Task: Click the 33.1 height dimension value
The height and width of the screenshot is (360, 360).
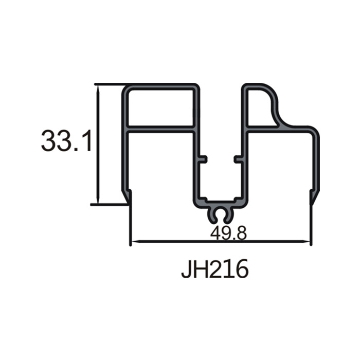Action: [66, 140]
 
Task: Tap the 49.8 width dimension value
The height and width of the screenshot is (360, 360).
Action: [228, 233]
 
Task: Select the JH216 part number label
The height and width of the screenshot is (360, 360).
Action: [215, 268]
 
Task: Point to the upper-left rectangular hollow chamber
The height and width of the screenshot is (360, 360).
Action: [160, 107]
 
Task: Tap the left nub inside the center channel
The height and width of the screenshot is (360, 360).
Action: [204, 159]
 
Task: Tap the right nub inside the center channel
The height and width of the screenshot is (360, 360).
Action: [238, 159]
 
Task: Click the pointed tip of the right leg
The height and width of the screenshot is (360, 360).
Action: [312, 204]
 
